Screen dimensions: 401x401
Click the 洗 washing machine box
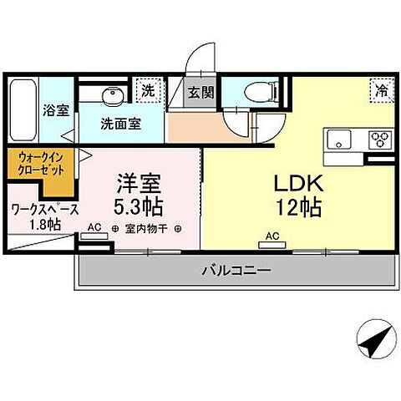[148, 91]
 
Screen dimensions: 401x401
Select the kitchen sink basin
[341, 138]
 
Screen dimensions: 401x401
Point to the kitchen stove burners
[381, 138]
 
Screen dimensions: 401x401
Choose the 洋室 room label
[140, 182]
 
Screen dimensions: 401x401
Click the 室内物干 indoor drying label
[146, 228]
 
